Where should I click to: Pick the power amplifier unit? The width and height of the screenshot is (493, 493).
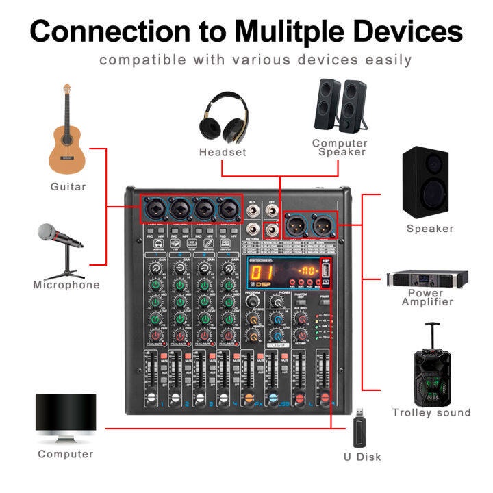[428, 279]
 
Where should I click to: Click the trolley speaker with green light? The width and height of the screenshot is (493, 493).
[431, 370]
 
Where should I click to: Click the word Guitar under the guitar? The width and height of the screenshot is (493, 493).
[68, 186]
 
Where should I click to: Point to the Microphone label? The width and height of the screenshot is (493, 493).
[66, 285]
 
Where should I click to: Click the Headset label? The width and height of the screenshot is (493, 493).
[223, 152]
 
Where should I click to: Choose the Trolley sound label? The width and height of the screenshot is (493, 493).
[431, 412]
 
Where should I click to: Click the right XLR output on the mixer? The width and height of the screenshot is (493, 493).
[324, 225]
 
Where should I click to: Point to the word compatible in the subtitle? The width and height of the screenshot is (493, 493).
[137, 60]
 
